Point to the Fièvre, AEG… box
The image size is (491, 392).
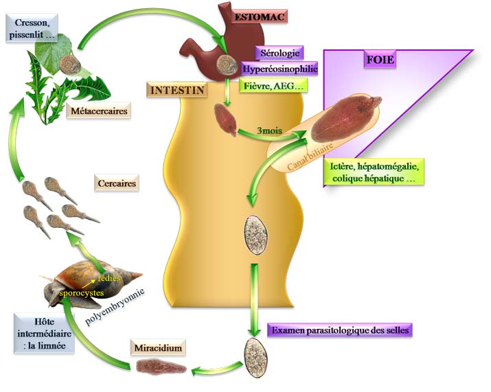(x=273, y=86)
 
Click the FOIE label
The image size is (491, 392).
(x=380, y=60)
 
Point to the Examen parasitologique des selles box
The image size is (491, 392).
(x=341, y=330)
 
